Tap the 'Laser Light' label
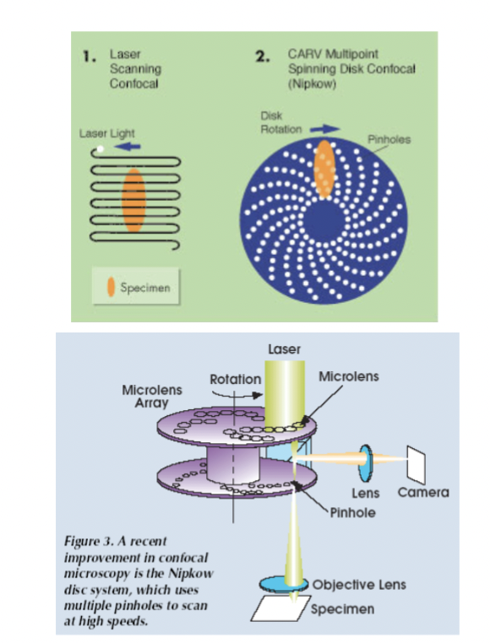pos(106,133)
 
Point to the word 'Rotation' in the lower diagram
pos(235,379)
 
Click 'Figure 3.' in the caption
pos(90,540)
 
